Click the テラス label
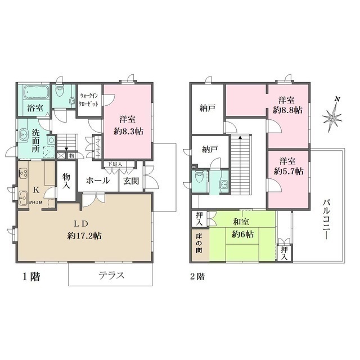pos(111,276)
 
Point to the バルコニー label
pos(327,219)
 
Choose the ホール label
pos(98,182)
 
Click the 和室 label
pos(242,221)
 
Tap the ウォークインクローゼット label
pos(90,99)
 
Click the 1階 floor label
pos(30,277)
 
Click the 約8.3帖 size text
pos(127,130)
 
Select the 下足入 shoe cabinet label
pos(116,164)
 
